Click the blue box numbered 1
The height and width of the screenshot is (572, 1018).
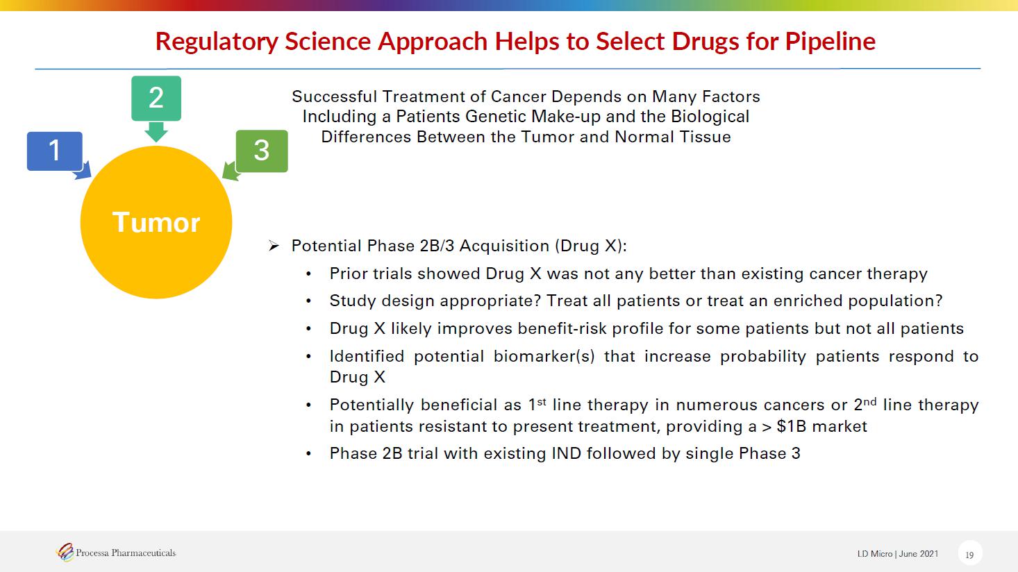tap(55, 151)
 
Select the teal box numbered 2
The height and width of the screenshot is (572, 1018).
tap(156, 98)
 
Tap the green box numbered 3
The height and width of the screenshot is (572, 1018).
tap(262, 151)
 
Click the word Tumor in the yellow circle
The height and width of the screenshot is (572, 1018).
tap(156, 222)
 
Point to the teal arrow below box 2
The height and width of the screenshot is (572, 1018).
tap(156, 132)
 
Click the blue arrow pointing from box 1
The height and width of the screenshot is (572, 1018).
tap(83, 171)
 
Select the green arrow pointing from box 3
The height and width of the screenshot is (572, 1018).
tap(231, 171)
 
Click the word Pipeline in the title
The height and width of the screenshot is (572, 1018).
tap(831, 42)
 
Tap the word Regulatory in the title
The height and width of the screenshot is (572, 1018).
tap(217, 42)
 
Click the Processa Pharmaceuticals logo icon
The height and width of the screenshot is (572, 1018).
tap(65, 553)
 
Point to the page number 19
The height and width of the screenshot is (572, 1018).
tap(969, 555)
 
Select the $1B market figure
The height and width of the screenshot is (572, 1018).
tap(821, 426)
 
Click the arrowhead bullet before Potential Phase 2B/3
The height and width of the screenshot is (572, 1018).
tap(274, 246)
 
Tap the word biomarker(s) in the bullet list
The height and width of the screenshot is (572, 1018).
tap(544, 357)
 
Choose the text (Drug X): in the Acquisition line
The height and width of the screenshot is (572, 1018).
tap(591, 246)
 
